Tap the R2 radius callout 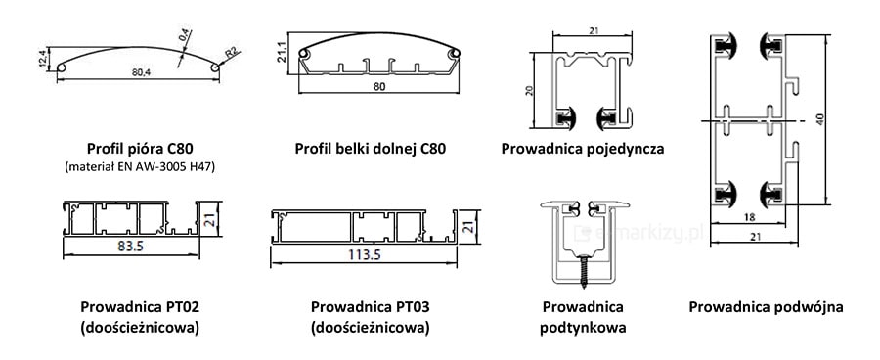tap(232, 54)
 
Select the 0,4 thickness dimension tap(183, 37)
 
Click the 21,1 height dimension tap(283, 53)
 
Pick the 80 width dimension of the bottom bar tap(378, 85)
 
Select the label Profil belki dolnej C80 tap(371, 149)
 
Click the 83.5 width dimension tap(131, 247)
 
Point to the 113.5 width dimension tap(365, 254)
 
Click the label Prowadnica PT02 tap(140, 307)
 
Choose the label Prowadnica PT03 tap(371, 307)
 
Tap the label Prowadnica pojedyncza tap(583, 149)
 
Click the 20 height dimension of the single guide tap(528, 90)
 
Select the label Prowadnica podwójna tap(766, 307)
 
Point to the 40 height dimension tap(820, 119)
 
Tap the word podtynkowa tap(583, 328)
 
